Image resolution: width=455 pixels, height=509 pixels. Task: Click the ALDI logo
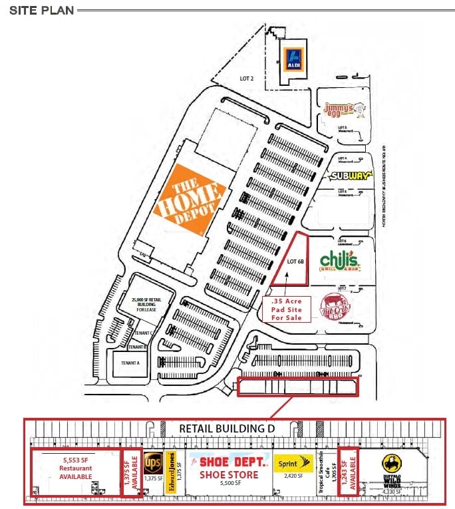[293, 59]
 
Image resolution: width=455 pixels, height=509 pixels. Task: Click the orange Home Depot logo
[188, 199]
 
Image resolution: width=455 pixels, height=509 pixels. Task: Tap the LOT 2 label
[247, 79]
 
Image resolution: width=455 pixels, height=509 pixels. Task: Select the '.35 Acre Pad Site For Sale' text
[287, 309]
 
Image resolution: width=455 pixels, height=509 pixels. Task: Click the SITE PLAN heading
[41, 10]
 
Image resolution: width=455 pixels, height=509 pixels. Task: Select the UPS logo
[153, 461]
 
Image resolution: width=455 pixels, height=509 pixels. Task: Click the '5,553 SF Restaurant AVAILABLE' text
[75, 468]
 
